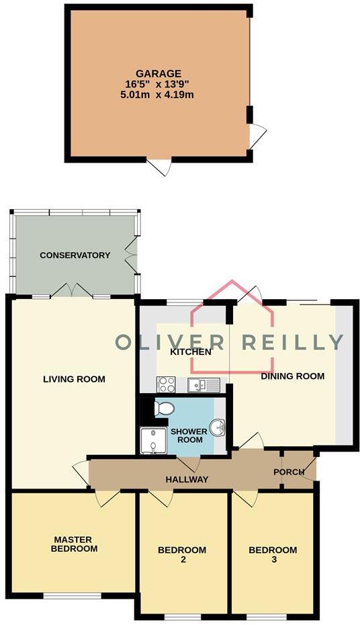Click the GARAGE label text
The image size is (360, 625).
tap(159, 73)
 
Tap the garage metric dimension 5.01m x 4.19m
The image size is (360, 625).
tap(159, 95)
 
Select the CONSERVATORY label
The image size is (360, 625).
tap(75, 255)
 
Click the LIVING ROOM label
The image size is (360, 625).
tap(74, 379)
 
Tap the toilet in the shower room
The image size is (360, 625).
tap(164, 409)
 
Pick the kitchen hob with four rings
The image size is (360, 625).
tap(166, 384)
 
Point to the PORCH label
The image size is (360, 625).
tap(289, 472)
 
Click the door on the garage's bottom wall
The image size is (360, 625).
tap(159, 166)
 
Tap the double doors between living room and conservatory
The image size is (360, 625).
tap(72, 290)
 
